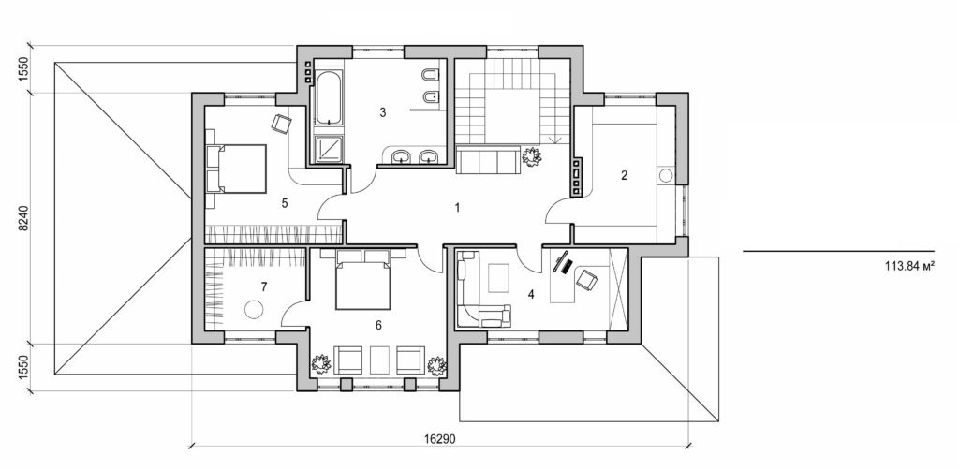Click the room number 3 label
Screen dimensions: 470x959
click(x=382, y=112)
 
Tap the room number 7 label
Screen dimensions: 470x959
click(x=265, y=286)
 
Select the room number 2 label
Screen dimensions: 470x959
click(x=624, y=174)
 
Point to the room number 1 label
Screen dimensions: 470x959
click(x=457, y=207)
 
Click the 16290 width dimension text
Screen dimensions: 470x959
click(x=439, y=437)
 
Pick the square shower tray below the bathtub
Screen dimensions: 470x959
click(x=328, y=149)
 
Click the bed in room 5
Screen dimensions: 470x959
click(x=236, y=169)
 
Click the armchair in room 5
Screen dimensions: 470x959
click(x=281, y=123)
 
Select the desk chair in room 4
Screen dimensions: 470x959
click(x=587, y=278)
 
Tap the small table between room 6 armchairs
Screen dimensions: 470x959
click(x=379, y=360)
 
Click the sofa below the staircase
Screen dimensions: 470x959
click(x=487, y=162)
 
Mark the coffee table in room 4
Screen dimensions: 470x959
click(x=499, y=277)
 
